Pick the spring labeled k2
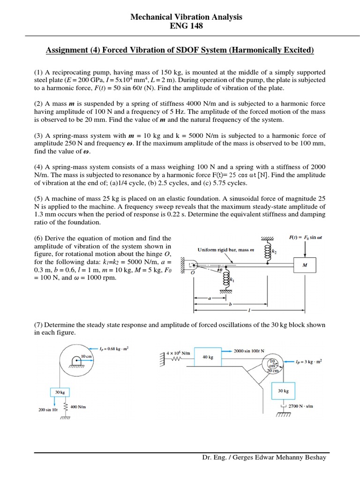click(268, 249)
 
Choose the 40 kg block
click(208, 357)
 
